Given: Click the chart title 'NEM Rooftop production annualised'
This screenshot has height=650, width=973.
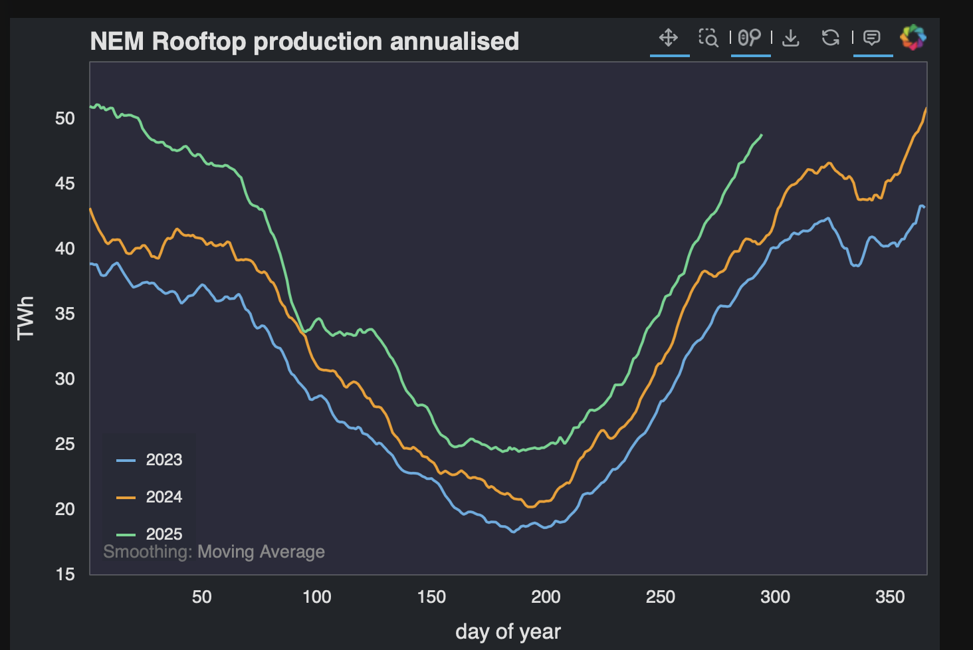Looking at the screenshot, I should (x=304, y=41).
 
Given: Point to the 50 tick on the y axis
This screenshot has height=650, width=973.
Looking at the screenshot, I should (x=65, y=118).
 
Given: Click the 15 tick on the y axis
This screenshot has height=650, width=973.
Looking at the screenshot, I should (x=65, y=574).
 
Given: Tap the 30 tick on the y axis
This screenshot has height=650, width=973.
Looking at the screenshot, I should (x=65, y=379).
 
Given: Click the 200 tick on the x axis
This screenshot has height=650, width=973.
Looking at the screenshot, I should (x=546, y=597).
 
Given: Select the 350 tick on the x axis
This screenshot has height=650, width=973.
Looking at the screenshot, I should (x=889, y=597).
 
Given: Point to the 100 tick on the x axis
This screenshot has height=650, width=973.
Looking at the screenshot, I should (x=316, y=597).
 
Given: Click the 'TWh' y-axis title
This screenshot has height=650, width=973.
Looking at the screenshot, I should (x=25, y=318).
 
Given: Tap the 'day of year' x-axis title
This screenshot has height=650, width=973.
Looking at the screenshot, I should (x=508, y=631).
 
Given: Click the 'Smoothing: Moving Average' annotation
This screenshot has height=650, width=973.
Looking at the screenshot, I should (x=214, y=552).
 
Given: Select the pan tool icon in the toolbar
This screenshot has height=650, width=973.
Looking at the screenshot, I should (x=669, y=38).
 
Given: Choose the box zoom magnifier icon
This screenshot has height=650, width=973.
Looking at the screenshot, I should (x=708, y=38).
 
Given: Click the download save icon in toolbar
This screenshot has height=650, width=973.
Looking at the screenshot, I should (x=790, y=38).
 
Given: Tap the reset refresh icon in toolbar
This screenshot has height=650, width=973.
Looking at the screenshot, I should (x=830, y=38).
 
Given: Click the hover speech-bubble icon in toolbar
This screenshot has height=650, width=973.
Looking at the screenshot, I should (x=872, y=38).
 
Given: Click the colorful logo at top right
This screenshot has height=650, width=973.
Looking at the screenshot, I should (x=913, y=37).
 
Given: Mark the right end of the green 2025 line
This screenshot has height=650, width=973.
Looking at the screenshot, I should (x=762, y=135).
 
